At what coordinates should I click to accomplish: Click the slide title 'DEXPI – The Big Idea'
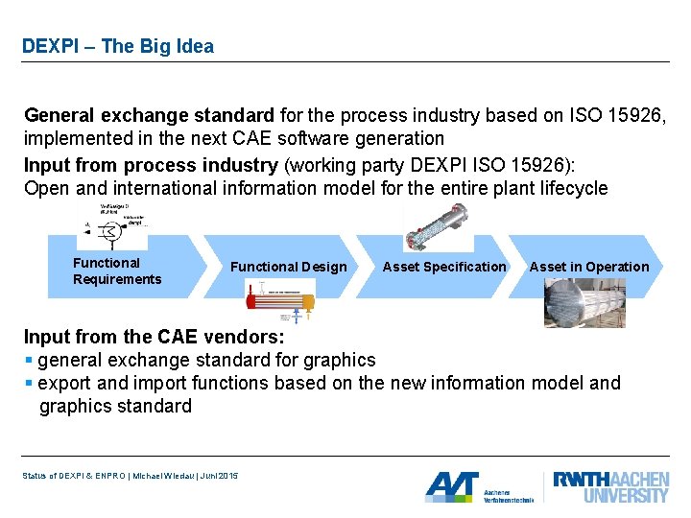[x=118, y=46]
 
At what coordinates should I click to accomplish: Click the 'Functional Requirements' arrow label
[x=117, y=271]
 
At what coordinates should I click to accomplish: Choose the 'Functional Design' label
[x=288, y=267]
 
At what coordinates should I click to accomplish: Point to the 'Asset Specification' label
[x=443, y=267]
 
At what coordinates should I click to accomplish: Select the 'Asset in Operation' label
[x=588, y=267]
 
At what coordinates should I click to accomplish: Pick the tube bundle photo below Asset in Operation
[x=584, y=303]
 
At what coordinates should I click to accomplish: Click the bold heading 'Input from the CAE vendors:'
[x=154, y=337]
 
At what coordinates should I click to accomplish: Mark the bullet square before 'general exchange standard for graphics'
[x=29, y=361]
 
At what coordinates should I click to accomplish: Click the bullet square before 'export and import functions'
[x=29, y=384]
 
